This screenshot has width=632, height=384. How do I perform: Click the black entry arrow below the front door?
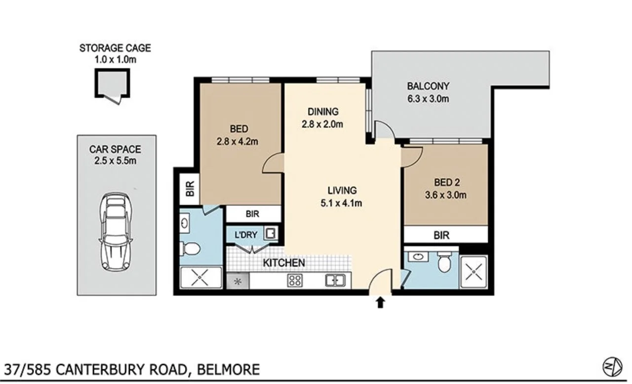click(380, 303)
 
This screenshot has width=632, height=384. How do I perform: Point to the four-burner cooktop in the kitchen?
click(295, 281)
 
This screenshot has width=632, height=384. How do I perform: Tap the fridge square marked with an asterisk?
click(238, 281)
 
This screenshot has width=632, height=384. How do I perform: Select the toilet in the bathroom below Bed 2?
click(445, 263)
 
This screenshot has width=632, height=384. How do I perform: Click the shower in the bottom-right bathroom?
click(473, 271)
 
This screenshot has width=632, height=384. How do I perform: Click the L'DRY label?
click(244, 235)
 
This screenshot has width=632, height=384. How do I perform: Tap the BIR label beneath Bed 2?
click(441, 235)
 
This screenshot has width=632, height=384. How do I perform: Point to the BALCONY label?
click(428, 86)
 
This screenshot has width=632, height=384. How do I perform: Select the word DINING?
click(322, 112)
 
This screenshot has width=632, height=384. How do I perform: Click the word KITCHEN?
click(283, 263)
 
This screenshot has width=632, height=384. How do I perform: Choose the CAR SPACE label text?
click(115, 149)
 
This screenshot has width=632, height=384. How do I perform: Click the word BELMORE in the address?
click(228, 369)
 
